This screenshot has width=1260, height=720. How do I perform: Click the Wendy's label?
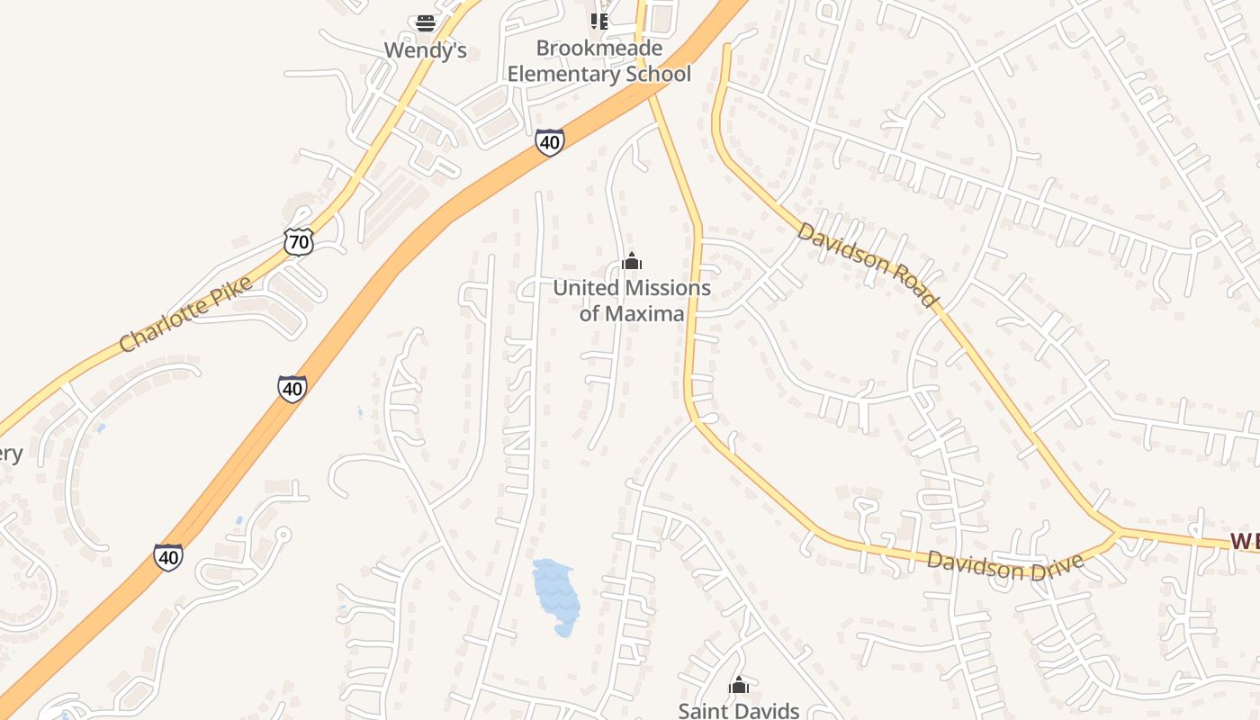[x=425, y=50]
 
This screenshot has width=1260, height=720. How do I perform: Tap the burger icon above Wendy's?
[x=426, y=22]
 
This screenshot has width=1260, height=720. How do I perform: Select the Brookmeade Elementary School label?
[x=599, y=61]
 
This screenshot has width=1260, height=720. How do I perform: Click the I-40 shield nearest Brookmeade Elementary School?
[x=550, y=141]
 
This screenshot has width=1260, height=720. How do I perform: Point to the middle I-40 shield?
[x=292, y=388]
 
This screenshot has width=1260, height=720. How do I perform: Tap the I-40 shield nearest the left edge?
[x=168, y=556]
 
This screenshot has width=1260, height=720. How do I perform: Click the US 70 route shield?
[x=299, y=240]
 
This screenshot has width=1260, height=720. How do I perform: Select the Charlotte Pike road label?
[x=185, y=315]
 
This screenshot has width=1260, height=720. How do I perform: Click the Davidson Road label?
[x=868, y=264]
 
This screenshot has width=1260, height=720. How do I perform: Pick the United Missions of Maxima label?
[x=632, y=301]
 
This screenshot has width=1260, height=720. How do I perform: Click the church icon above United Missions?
[x=632, y=262]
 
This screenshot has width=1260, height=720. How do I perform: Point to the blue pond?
[x=555, y=597]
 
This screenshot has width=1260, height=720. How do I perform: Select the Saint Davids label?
[x=739, y=710]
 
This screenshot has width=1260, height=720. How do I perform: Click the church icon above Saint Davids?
[x=739, y=686]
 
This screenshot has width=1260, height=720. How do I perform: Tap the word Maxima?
[x=643, y=313]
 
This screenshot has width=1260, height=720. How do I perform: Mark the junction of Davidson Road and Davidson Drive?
[x=1119, y=532]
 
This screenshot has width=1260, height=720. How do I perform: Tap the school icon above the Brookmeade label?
[x=599, y=20]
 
